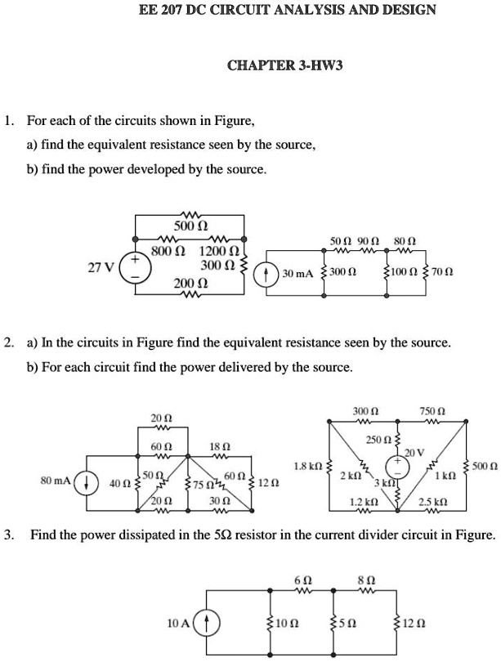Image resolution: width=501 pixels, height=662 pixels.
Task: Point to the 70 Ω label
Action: tap(443, 272)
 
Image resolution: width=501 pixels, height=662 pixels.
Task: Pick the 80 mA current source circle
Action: tap(87, 482)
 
